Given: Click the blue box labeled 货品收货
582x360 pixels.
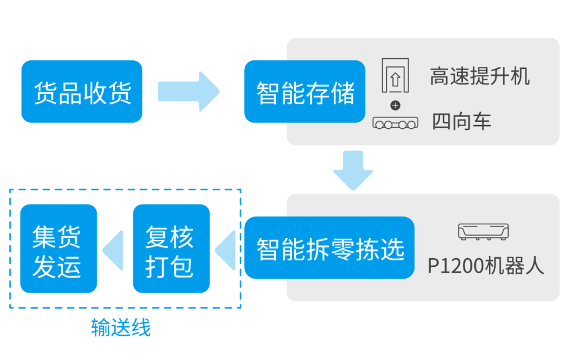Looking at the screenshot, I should pos(82,92).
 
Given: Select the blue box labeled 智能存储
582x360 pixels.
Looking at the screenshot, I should pos(305,92).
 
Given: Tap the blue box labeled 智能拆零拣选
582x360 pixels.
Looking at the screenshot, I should pos(329,248).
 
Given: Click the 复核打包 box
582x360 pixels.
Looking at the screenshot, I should pos(171,248).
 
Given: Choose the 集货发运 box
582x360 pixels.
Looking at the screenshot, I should pos(58,248).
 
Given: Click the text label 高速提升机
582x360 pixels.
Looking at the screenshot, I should pos(480,77).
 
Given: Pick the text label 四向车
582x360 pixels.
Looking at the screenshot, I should pos(462,122).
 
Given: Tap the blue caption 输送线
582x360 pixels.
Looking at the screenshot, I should pos(121,328).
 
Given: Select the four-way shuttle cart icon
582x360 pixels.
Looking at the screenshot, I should pos(395,123).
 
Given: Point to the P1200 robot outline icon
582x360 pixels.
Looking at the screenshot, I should pos(483,232).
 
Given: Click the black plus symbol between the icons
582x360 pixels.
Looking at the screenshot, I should pos(395,105).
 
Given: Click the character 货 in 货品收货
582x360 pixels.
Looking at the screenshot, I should pos(45,92).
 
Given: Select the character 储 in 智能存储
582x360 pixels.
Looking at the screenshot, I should pos(343,92).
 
